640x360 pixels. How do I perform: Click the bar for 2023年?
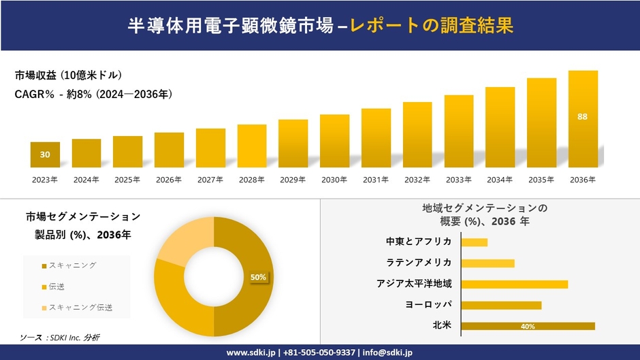(x=45, y=154)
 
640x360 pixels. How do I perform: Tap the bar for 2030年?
(x=334, y=141)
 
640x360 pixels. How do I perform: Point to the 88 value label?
(x=583, y=117)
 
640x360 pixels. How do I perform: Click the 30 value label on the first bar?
(x=45, y=154)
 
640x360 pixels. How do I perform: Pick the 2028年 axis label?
(x=251, y=180)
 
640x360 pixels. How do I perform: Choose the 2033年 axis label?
(x=458, y=180)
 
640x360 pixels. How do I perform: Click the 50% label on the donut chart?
(x=258, y=277)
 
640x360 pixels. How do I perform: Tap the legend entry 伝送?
(x=57, y=287)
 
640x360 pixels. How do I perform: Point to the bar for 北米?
(x=528, y=326)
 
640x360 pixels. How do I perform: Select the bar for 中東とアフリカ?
(x=474, y=242)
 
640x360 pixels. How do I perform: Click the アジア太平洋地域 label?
(x=414, y=284)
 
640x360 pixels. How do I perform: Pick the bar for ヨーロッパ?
(x=501, y=305)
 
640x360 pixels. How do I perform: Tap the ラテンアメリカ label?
(x=418, y=263)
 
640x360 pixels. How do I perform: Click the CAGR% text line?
(x=93, y=95)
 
